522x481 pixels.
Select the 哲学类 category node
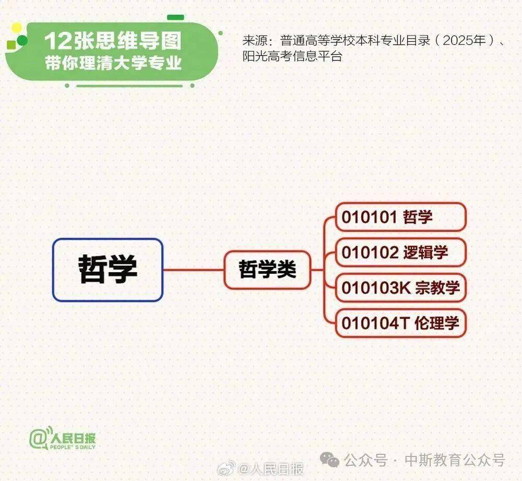[267, 269]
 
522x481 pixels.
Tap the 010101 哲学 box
[401, 217]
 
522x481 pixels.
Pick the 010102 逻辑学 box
[401, 252]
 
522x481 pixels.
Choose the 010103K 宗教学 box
[401, 287]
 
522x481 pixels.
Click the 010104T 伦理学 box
[401, 323]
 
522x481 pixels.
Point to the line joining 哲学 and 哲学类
[194, 269]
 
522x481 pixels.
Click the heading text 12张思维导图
[113, 41]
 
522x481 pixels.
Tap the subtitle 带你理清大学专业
[113, 63]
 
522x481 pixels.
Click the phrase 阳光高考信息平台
[292, 56]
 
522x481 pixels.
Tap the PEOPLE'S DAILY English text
[73, 447]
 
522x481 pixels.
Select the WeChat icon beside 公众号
[329, 460]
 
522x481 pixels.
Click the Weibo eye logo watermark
[227, 468]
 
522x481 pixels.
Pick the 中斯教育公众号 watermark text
[455, 460]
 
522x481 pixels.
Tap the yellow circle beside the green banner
[16, 28]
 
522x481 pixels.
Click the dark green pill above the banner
[175, 17]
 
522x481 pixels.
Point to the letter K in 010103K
[405, 288]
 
